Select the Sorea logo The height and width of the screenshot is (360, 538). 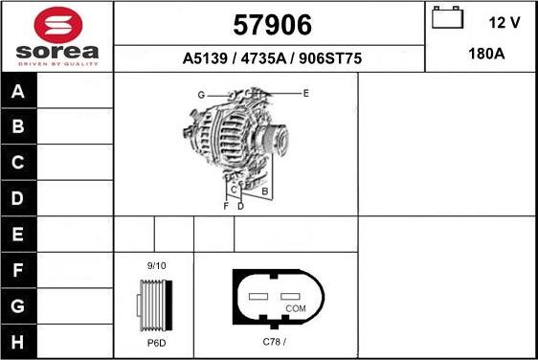(56, 35)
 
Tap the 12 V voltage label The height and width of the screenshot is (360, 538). (504, 21)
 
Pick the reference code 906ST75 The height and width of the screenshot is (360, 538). (328, 58)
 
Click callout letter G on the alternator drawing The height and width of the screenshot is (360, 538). (202, 95)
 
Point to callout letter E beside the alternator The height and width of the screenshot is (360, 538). (305, 93)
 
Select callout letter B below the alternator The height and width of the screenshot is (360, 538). (264, 191)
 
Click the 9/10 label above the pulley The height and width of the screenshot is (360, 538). (156, 265)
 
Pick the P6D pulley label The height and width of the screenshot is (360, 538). (156, 343)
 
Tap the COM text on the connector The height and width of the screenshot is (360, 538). (296, 308)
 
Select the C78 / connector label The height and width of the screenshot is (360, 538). (275, 342)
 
